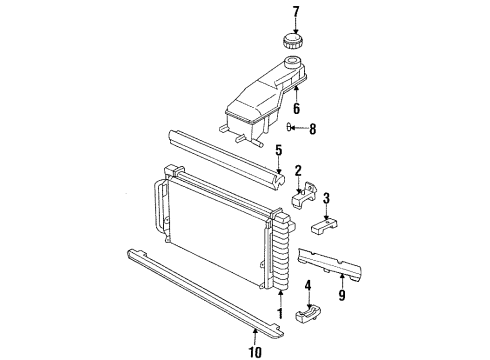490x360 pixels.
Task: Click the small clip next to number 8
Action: [x=292, y=126]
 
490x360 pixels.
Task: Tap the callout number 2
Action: [x=297, y=172]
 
